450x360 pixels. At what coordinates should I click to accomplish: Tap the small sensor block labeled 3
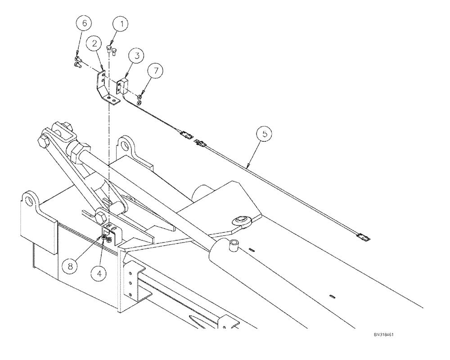point(123,86)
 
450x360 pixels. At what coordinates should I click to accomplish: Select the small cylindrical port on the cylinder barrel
point(234,247)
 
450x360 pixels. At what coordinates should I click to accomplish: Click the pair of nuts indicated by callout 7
point(140,99)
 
